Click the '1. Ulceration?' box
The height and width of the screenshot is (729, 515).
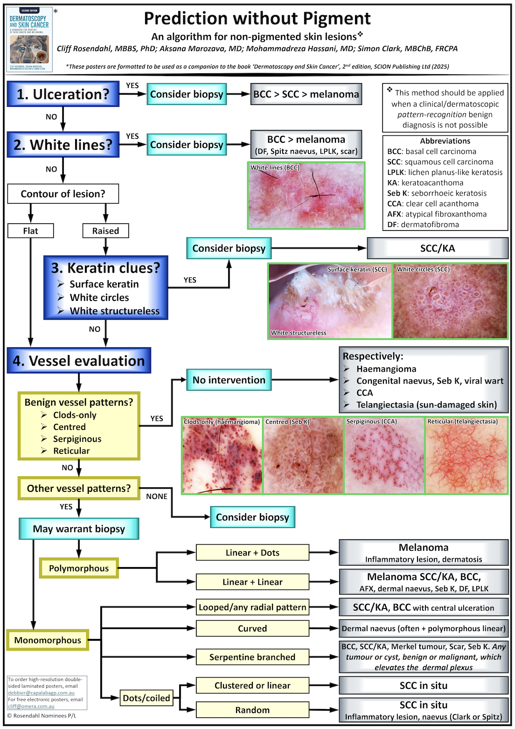click(x=63, y=94)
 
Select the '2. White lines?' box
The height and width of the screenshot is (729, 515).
click(x=63, y=145)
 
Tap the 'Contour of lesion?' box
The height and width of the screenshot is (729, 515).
click(x=63, y=194)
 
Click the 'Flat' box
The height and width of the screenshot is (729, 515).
click(x=31, y=231)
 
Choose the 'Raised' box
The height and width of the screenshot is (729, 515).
click(x=105, y=231)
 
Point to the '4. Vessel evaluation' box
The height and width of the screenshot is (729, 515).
click(x=79, y=361)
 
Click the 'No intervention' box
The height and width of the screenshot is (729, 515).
click(x=229, y=380)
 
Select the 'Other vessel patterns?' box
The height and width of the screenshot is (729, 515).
click(x=79, y=488)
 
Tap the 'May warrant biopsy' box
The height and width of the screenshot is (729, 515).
click(x=79, y=529)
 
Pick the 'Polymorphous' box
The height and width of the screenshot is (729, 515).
click(x=79, y=568)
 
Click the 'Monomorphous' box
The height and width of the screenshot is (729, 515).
click(x=48, y=640)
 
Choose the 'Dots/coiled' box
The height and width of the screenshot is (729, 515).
click(x=146, y=698)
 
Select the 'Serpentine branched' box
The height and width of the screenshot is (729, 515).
click(x=252, y=657)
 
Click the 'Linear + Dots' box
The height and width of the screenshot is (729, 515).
click(x=252, y=553)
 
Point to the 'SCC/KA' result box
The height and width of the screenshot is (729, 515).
click(x=438, y=248)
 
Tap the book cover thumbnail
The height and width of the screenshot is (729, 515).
click(x=29, y=39)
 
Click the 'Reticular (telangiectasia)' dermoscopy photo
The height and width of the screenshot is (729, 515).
click(x=466, y=455)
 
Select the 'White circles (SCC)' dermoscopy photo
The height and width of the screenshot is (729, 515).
click(x=450, y=301)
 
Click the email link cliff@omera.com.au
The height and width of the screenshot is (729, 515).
click(x=31, y=706)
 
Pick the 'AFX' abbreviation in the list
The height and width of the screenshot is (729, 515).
click(x=395, y=214)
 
